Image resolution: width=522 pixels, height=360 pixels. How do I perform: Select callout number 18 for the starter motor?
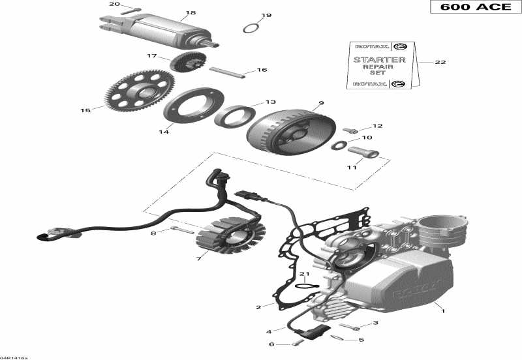click(191, 13)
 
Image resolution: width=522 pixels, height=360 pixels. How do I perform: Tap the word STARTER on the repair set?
click(379, 59)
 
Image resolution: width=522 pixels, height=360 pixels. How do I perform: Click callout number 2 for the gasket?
click(258, 306)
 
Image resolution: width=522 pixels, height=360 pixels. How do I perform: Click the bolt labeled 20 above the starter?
click(130, 10)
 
